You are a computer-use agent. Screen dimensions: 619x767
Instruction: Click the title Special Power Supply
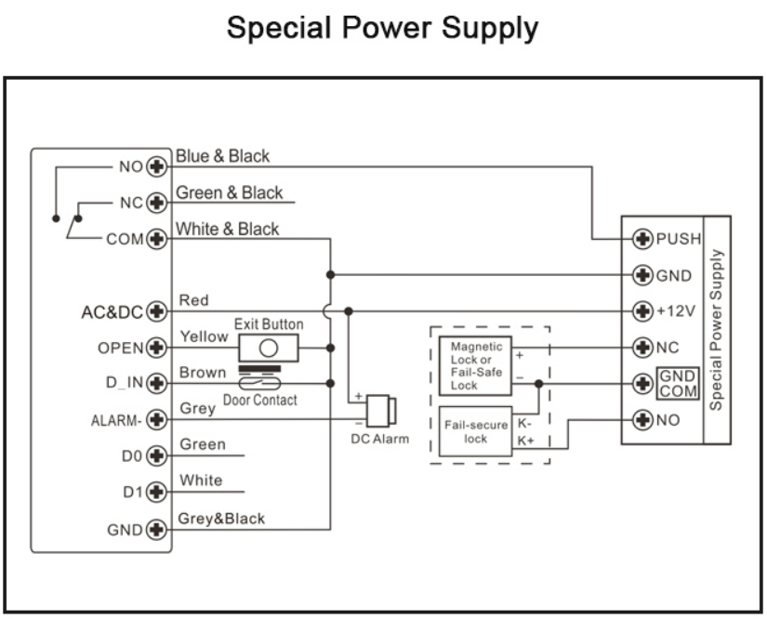point(383,28)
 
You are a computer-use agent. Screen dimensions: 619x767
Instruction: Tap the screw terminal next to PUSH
point(641,239)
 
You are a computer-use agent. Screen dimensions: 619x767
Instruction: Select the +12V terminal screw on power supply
point(641,310)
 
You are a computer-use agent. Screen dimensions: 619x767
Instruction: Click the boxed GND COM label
point(677,383)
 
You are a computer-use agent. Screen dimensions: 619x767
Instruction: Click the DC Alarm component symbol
point(379,411)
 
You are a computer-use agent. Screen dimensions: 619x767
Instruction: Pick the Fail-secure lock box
point(476,431)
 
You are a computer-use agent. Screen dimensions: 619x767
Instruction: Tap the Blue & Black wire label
point(223,156)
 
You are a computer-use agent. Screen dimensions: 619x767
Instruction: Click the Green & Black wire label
point(229,192)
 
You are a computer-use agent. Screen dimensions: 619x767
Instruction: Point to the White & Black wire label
point(227,229)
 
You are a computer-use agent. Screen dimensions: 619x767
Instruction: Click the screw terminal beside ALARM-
point(156,420)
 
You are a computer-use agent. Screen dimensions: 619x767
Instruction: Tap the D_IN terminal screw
point(156,384)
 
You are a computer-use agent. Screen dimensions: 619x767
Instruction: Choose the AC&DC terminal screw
point(156,311)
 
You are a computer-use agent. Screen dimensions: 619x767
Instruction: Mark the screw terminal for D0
point(156,456)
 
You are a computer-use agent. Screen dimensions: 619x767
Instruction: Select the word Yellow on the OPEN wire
point(203,336)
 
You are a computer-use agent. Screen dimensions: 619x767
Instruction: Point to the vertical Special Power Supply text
point(717,330)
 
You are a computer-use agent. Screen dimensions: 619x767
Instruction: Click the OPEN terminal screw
point(156,348)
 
